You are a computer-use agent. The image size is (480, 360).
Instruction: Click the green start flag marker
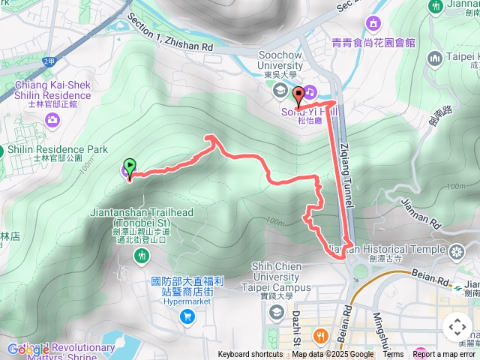pos(130,167)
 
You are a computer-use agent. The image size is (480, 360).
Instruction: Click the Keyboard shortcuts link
pos(250,355)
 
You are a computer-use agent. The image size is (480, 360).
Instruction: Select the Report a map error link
pos(443,355)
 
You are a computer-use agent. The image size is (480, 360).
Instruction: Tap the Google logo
pos(28,349)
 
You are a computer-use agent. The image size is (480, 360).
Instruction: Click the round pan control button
pos(457,327)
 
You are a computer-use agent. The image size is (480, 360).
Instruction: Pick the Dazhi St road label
pos(297,322)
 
